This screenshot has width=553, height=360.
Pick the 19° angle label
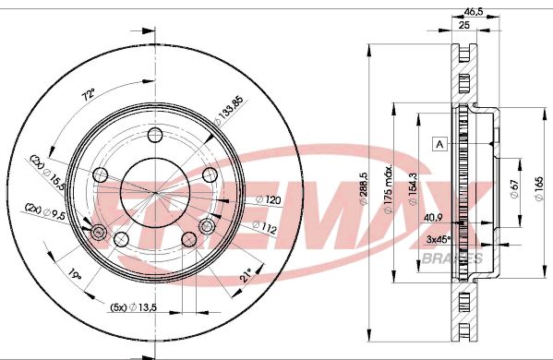(x=75, y=273)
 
